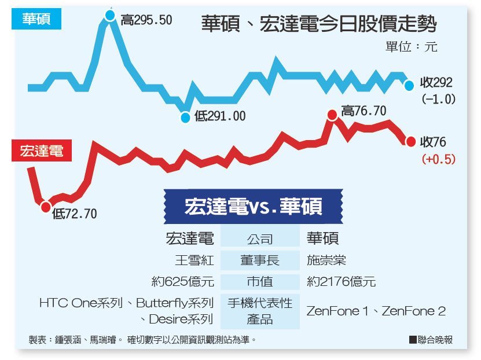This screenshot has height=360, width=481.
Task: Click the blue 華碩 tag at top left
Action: (x=36, y=20)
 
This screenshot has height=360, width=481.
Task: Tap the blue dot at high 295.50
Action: (x=111, y=15)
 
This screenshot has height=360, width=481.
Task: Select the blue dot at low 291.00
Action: (x=185, y=117)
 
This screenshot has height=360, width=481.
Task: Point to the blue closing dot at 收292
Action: (x=409, y=85)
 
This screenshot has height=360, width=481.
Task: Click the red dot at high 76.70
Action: (x=332, y=115)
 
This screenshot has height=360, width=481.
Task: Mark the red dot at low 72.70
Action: (x=46, y=207)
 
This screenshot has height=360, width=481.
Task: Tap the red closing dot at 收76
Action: (x=410, y=141)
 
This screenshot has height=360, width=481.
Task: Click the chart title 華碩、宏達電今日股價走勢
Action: (x=318, y=24)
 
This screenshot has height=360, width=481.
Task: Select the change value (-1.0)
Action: (x=438, y=99)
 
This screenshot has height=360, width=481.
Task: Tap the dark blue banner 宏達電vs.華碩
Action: (x=253, y=207)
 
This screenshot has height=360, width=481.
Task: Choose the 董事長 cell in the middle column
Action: (x=260, y=260)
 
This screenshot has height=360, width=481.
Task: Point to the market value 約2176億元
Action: (x=341, y=282)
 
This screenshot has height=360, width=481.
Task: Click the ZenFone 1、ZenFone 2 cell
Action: (x=376, y=311)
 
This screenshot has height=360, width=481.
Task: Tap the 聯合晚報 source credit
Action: (x=431, y=340)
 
